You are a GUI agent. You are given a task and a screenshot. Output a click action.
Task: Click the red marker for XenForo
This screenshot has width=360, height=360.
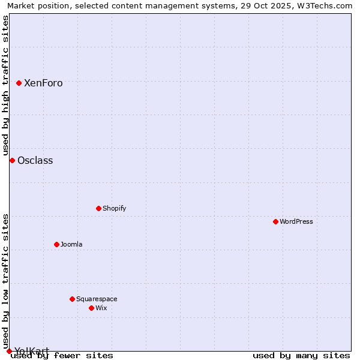(19, 83)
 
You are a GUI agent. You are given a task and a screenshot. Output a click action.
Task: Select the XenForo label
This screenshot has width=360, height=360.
(43, 83)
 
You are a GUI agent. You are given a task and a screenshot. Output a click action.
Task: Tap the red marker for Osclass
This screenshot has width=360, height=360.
(12, 160)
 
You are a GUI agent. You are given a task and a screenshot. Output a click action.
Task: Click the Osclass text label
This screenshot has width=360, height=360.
(35, 161)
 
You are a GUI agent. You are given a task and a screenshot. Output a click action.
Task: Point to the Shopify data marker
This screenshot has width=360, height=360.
(98, 208)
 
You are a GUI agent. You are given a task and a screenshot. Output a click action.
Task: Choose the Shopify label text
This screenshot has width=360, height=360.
(114, 209)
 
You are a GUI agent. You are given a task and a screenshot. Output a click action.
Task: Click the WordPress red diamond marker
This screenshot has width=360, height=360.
(275, 221)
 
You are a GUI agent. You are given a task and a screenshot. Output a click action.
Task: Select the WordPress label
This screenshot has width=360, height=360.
(296, 222)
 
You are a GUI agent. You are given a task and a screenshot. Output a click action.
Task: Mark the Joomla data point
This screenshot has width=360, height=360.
(56, 244)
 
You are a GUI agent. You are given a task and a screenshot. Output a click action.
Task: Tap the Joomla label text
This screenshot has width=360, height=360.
(71, 245)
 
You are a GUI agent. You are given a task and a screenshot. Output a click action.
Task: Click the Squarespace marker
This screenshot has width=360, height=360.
(72, 299)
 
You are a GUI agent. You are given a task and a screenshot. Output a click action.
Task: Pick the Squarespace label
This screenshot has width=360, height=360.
(97, 299)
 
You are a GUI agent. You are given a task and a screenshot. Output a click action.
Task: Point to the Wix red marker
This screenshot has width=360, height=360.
(91, 308)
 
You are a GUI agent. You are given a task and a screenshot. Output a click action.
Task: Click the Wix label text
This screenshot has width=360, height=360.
(101, 308)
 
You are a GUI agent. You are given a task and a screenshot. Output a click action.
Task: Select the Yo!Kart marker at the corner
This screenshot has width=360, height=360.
(9, 351)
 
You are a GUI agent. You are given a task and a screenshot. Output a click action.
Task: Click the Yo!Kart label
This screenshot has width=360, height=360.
(32, 350)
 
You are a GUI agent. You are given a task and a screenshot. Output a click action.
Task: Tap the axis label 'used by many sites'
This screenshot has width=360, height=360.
(301, 356)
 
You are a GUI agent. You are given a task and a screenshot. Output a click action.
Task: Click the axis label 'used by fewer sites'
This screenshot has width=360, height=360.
(62, 356)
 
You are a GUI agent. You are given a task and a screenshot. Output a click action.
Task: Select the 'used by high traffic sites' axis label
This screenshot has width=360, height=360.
(5, 84)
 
